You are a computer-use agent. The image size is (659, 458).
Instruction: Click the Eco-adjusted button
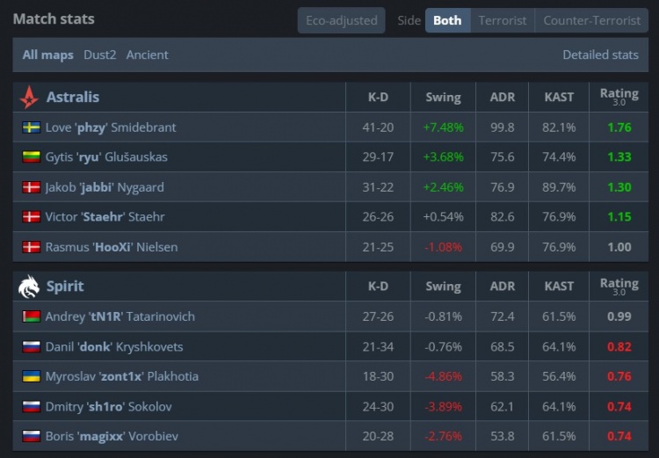pos(341,20)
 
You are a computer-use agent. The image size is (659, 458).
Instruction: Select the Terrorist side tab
pos(503,20)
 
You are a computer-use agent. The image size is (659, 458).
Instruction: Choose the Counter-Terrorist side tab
pos(591,20)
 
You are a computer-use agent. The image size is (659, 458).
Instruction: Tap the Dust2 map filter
pos(99,55)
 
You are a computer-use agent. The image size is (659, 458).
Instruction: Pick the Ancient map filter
pos(147,55)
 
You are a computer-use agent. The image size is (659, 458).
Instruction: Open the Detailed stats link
pos(600,55)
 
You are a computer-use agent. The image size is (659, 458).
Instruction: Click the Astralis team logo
pos(29,97)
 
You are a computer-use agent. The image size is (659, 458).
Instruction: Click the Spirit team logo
pos(29,286)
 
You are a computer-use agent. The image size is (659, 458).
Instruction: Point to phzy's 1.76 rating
pos(619,127)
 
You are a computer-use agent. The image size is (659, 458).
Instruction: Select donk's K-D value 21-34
pos(378,346)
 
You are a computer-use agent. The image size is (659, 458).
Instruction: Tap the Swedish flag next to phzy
pos(31,127)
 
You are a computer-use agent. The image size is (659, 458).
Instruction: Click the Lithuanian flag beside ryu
pos(31,157)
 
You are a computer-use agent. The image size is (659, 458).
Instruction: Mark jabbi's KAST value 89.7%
pos(559,187)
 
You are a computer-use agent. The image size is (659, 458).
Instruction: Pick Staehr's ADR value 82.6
pos(503,217)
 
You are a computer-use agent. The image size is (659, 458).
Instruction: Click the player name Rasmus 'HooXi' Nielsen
pos(112,247)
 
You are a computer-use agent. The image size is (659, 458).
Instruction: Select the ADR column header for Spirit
pos(503,286)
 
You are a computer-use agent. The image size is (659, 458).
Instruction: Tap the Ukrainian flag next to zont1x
pos(31,376)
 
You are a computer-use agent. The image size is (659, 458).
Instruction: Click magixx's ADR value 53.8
pos(503,436)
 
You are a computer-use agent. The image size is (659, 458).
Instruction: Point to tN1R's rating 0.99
pos(619,316)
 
